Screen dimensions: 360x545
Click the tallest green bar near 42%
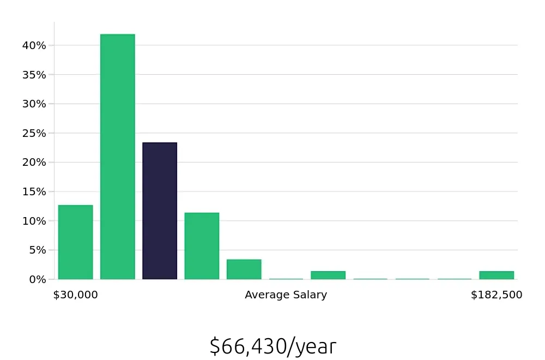click(118, 157)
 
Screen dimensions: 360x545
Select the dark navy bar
click(160, 211)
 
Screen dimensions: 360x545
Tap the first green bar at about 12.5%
click(75, 242)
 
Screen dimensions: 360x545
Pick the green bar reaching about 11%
click(202, 246)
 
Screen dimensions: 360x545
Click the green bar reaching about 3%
click(244, 269)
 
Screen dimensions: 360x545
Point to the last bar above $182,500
click(496, 275)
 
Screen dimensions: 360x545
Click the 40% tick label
click(34, 45)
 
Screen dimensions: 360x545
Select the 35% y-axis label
click(34, 75)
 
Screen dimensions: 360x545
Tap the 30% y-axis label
click(34, 104)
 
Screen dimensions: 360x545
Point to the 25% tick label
click(34, 133)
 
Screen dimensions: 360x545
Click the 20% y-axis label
click(34, 163)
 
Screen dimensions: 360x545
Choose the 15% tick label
click(34, 191)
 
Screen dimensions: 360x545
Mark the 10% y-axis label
click(34, 221)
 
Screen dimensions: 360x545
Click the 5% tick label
click(37, 250)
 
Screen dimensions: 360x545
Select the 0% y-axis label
click(37, 279)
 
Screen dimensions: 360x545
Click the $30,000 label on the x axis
click(75, 295)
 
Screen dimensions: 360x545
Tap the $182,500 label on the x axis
click(496, 295)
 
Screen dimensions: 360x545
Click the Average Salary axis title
click(286, 295)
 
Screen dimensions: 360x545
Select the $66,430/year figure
click(272, 346)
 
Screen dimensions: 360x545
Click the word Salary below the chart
click(309, 295)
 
